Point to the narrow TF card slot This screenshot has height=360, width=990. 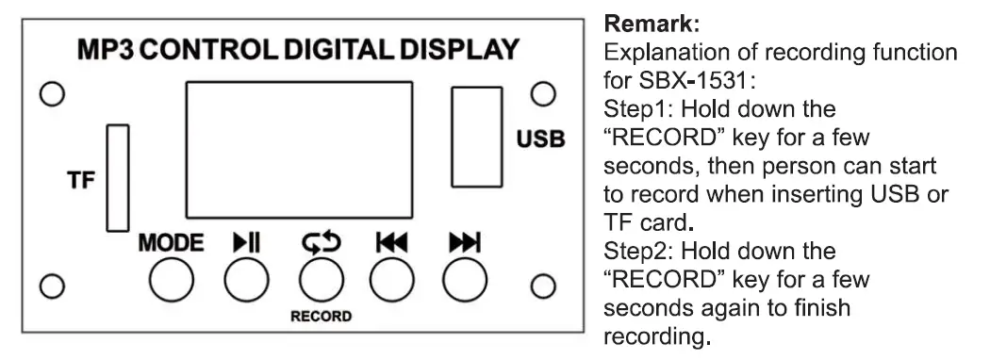click(x=117, y=175)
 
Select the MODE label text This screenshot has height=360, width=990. click(x=171, y=242)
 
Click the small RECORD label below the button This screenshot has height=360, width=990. click(x=320, y=317)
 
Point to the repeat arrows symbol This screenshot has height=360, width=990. click(x=319, y=242)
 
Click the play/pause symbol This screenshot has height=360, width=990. click(x=246, y=242)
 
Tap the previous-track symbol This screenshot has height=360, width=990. click(x=391, y=242)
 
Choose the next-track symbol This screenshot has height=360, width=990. click(x=466, y=242)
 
